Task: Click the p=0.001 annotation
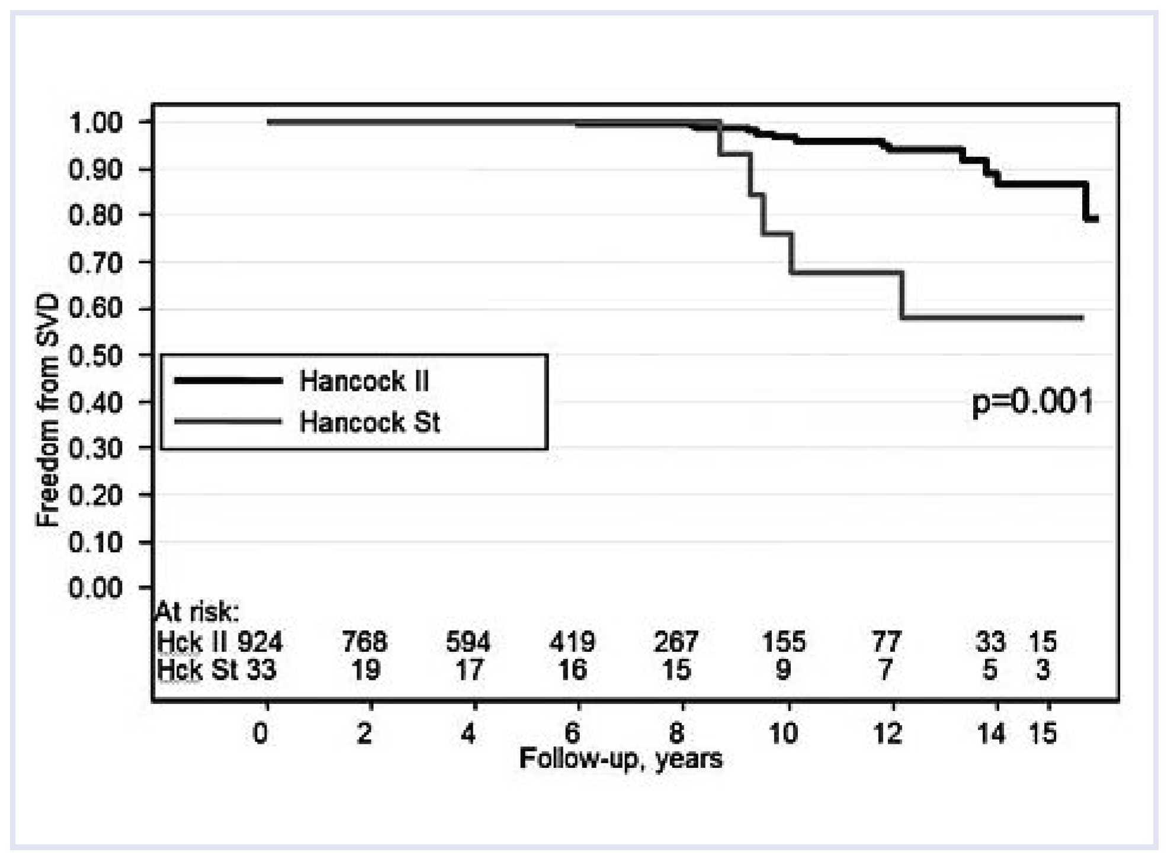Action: (x=1032, y=403)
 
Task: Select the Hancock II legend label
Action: (x=364, y=381)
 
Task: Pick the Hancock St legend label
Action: (x=370, y=423)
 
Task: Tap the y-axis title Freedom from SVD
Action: (x=47, y=410)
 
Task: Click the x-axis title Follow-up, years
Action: (x=621, y=759)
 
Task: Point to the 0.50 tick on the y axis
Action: (x=95, y=356)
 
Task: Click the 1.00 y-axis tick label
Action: (x=95, y=123)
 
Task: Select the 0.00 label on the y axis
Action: (x=95, y=588)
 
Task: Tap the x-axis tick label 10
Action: (x=783, y=734)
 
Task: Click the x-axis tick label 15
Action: (x=1043, y=734)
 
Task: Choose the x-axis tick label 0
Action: (x=261, y=734)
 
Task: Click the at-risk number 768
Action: (x=364, y=642)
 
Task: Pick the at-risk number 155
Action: (x=783, y=642)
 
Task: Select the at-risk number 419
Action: (x=572, y=642)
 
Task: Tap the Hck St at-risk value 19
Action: (x=365, y=670)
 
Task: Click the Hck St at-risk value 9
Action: (x=783, y=670)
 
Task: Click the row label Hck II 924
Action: (x=219, y=642)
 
